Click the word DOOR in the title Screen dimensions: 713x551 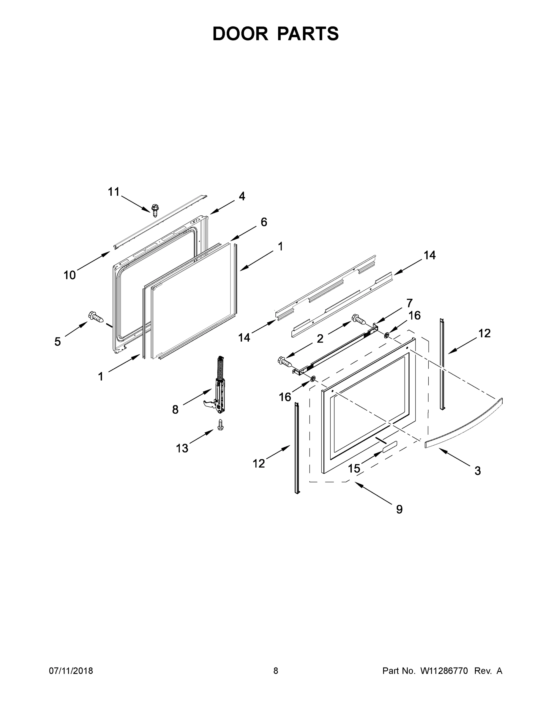[x=240, y=34]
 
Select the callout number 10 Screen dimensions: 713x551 [x=70, y=275]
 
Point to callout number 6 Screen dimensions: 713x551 [x=264, y=222]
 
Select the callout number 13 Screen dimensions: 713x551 [x=182, y=448]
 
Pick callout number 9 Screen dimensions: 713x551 [x=399, y=509]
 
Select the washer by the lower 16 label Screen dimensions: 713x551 [x=312, y=379]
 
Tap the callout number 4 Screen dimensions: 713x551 [x=241, y=196]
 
